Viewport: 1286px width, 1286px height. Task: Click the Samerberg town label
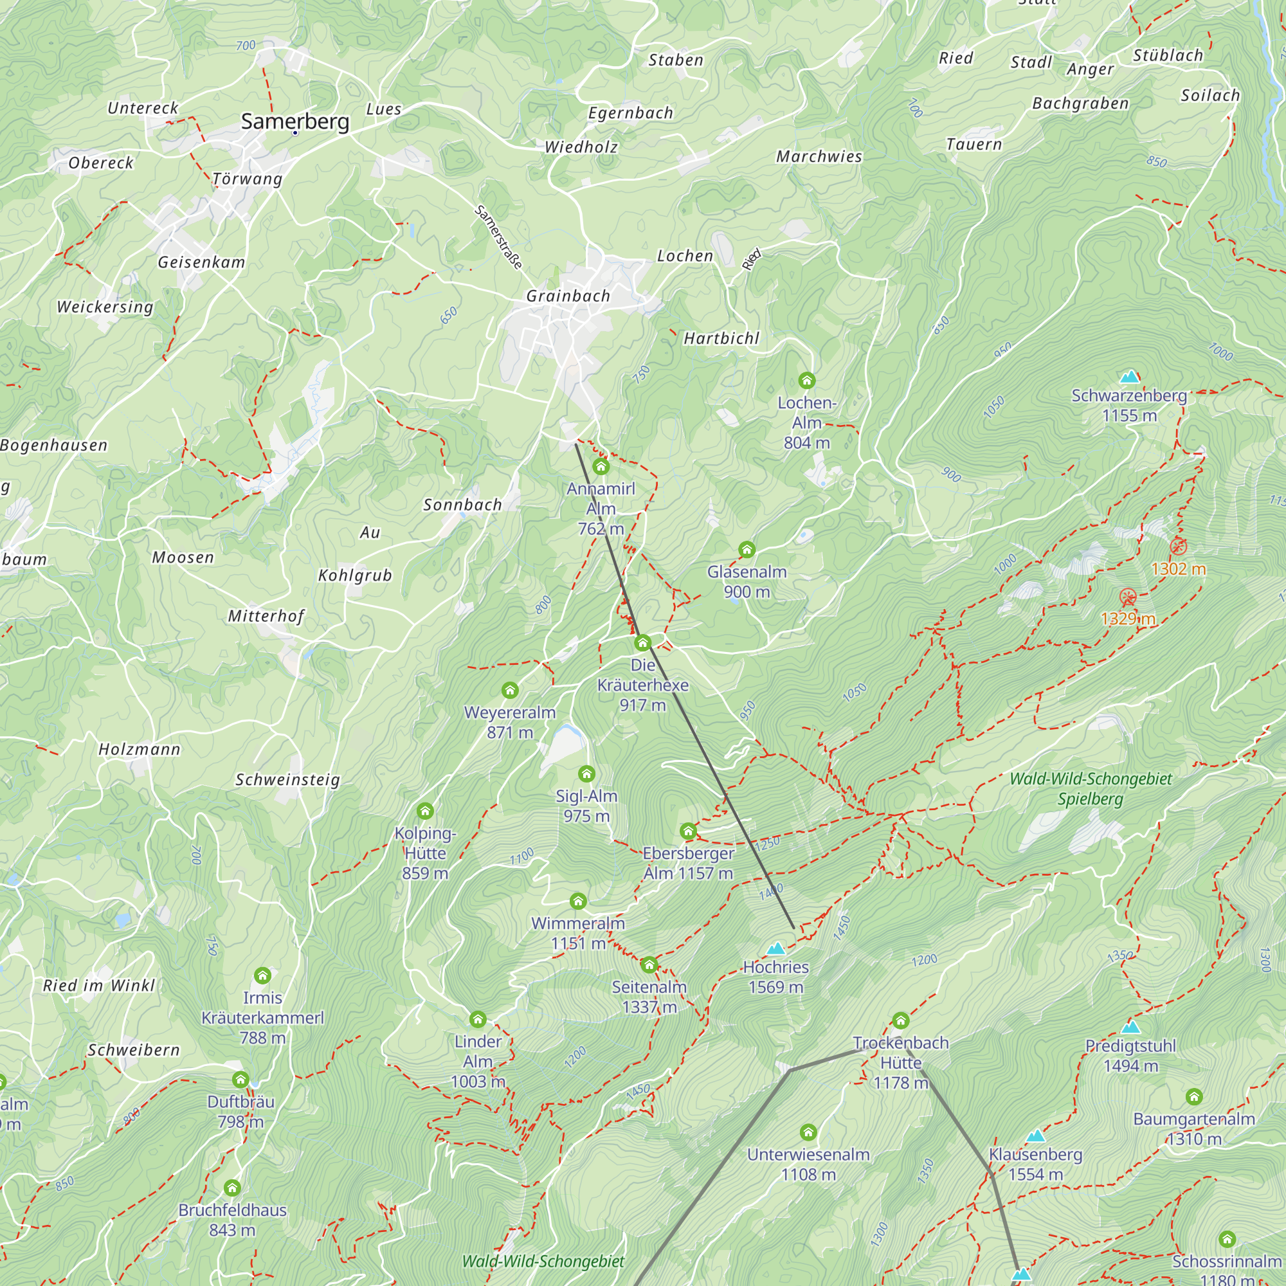(295, 121)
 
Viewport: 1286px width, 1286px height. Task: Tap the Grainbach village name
(568, 296)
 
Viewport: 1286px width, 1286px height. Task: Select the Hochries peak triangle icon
(775, 948)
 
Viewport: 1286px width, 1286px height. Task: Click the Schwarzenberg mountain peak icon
(1130, 377)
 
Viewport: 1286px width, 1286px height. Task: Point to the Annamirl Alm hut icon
(601, 467)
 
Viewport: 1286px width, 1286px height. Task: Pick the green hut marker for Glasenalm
(747, 550)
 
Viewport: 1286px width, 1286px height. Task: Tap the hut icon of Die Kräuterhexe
(642, 643)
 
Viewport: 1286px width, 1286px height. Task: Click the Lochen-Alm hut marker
(807, 381)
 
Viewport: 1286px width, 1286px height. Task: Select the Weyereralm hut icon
(510, 690)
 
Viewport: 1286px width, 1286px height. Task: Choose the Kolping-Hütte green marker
(425, 811)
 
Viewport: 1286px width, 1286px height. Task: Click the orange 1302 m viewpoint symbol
(1178, 547)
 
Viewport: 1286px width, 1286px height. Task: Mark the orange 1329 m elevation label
(1128, 619)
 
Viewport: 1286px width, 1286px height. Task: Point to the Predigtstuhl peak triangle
(1130, 1027)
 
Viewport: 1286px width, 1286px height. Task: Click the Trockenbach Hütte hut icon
(901, 1020)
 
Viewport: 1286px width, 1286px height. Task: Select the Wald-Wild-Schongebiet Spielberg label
(1091, 788)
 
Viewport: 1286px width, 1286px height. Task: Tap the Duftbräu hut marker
(241, 1080)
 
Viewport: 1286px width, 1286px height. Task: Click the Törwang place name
(248, 179)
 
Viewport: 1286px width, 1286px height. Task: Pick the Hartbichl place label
(721, 338)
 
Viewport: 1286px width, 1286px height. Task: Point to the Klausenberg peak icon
(1035, 1136)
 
